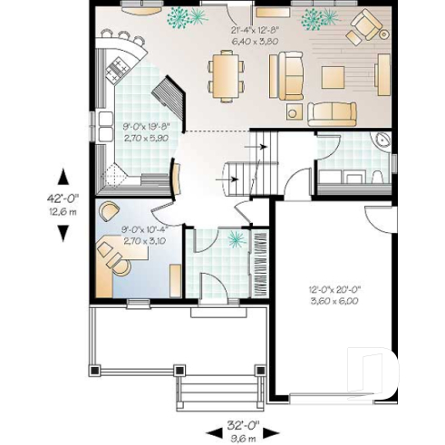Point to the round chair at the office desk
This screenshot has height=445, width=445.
110,210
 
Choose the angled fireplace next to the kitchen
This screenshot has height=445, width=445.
170,92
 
